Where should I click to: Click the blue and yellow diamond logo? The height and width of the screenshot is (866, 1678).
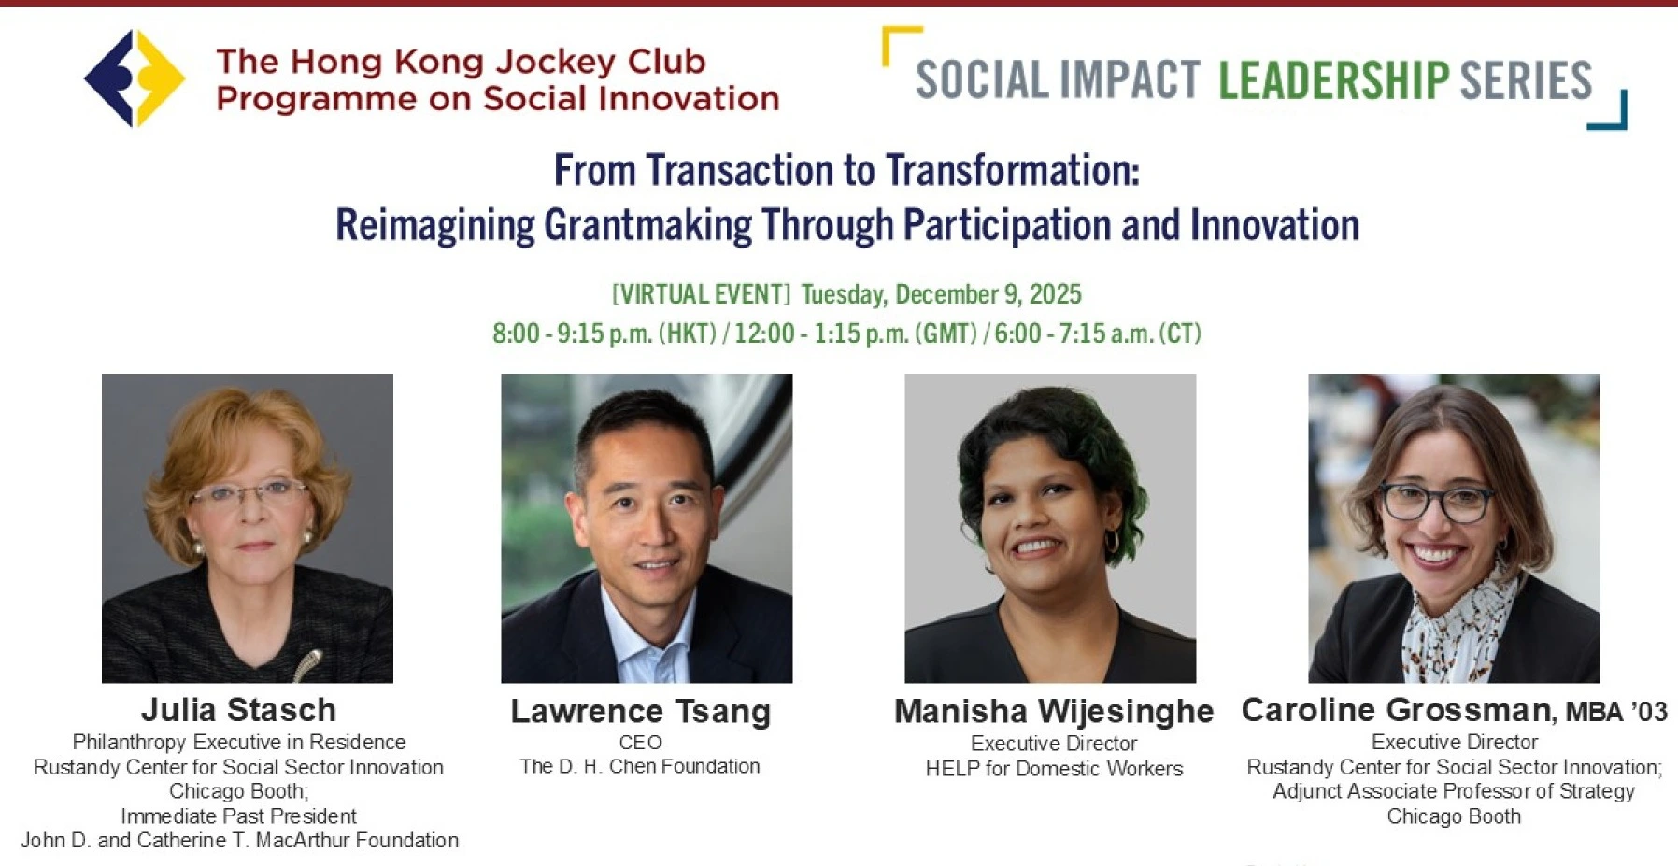[135, 78]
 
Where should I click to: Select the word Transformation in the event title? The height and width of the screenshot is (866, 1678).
[1013, 171]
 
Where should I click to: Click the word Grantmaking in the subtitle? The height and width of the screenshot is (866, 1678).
[647, 226]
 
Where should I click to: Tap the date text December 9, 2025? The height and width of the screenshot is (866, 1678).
[988, 294]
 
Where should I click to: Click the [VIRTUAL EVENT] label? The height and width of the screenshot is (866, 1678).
[701, 294]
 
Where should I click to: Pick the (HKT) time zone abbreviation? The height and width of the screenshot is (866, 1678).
[688, 334]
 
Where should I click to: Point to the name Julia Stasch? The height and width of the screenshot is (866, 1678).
[239, 710]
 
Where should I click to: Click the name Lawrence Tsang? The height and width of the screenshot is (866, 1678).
[641, 712]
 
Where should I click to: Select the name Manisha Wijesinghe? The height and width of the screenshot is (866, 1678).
[1054, 712]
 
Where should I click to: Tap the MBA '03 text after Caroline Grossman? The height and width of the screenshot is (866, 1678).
[1616, 712]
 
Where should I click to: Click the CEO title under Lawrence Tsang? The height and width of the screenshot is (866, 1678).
[641, 743]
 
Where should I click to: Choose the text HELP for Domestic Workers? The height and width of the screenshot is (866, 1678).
[1054, 769]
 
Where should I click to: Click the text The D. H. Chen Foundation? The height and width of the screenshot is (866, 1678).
[640, 767]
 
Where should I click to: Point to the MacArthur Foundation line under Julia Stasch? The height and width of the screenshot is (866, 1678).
[240, 841]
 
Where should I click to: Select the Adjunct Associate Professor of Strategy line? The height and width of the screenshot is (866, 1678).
[1454, 792]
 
